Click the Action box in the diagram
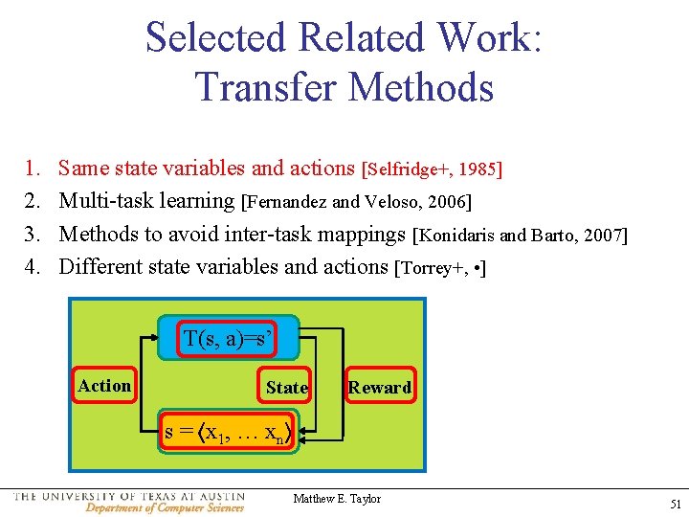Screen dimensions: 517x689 [104, 386]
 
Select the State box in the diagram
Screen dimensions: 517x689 [286, 387]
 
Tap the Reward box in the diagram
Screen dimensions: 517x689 [380, 387]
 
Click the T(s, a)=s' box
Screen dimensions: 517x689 [229, 338]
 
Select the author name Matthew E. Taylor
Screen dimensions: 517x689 [337, 499]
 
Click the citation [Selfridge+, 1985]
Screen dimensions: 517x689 [432, 169]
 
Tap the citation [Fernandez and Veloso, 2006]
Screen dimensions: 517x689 [357, 202]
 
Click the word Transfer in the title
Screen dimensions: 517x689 [266, 87]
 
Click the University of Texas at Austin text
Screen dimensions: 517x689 [129, 496]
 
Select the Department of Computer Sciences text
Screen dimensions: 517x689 [164, 507]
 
